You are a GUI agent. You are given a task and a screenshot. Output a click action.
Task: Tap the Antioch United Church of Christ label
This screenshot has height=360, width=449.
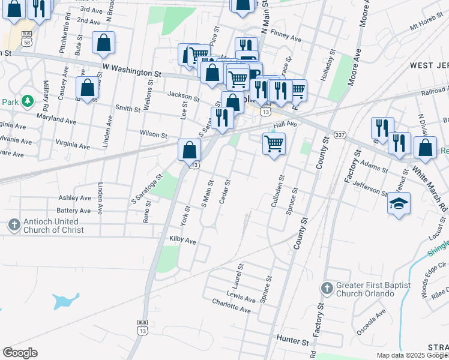pyautogui.click(x=53, y=225)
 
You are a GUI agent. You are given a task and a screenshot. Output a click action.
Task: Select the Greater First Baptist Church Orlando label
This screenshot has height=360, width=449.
pyautogui.click(x=366, y=289)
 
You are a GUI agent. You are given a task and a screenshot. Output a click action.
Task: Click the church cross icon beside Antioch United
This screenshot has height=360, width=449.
pyautogui.click(x=14, y=225)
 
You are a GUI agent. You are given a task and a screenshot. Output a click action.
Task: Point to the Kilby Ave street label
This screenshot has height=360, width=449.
pyautogui.click(x=182, y=241)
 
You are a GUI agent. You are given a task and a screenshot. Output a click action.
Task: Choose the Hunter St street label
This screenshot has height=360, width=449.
pyautogui.click(x=292, y=339)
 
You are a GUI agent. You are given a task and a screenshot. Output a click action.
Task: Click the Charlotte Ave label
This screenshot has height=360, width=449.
pyautogui.click(x=231, y=306)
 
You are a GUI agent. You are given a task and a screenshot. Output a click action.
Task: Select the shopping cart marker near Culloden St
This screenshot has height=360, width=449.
pyautogui.click(x=274, y=144)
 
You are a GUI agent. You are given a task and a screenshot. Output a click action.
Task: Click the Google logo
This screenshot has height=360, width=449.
pyautogui.click(x=20, y=352)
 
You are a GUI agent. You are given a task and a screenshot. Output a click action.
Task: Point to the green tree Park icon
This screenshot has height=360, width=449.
pyautogui.click(x=27, y=101)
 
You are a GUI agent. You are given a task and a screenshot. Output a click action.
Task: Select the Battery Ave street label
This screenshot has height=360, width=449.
pyautogui.click(x=73, y=211)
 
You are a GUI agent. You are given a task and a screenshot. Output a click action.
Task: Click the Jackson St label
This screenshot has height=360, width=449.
pyautogui.click(x=183, y=96)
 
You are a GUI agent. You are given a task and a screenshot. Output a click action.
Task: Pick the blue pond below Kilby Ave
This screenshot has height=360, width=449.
pyautogui.click(x=65, y=299)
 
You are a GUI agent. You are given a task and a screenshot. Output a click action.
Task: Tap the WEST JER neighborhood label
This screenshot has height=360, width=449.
pyautogui.click(x=429, y=65)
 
